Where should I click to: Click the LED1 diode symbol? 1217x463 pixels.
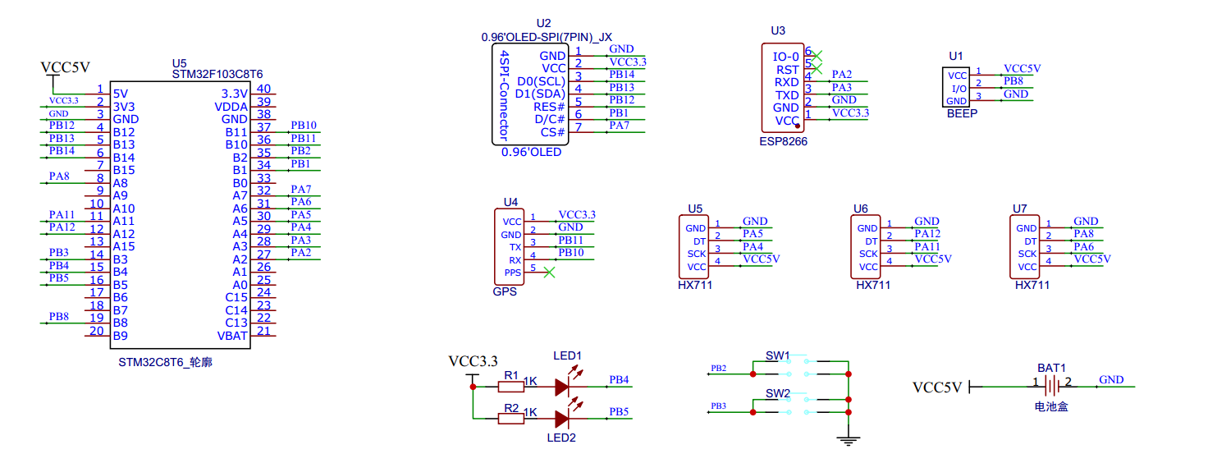[x=562, y=386]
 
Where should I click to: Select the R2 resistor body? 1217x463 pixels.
[x=511, y=419]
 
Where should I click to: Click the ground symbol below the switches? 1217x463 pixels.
[x=849, y=441]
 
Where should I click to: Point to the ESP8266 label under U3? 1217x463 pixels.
[x=783, y=141]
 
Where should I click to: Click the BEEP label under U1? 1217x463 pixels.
[x=962, y=113]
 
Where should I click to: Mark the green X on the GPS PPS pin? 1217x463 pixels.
[x=549, y=272]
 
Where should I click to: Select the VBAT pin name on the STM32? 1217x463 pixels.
[x=232, y=335]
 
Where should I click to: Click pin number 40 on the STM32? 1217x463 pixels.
[x=263, y=89]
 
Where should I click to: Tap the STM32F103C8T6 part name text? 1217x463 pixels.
[x=217, y=75]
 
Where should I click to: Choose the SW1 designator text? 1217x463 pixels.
[x=777, y=355]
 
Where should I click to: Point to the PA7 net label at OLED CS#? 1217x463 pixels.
[x=619, y=126]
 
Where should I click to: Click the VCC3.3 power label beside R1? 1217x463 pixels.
[x=473, y=361]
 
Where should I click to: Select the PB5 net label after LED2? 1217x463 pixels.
[x=618, y=411]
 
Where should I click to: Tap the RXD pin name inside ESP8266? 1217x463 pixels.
[x=787, y=82]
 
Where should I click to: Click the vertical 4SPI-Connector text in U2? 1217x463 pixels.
[x=505, y=95]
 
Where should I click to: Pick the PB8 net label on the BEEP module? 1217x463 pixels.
[x=1013, y=80]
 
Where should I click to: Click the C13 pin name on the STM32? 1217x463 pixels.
[x=236, y=323]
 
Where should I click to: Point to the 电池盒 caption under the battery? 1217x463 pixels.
[x=1051, y=406]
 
